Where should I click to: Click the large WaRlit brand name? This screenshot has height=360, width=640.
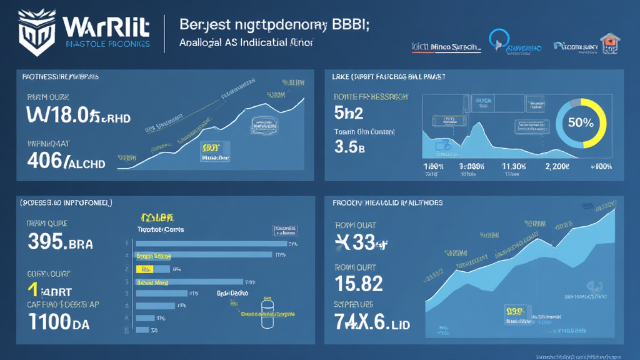point(106,27)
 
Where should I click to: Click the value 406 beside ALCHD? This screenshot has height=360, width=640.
point(46,162)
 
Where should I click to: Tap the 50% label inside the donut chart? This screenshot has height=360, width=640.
point(581,122)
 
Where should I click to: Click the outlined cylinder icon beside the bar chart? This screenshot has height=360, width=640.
point(268,313)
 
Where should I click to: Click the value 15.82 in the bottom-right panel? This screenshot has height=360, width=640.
point(359,284)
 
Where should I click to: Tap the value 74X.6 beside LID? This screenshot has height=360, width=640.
point(364,322)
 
